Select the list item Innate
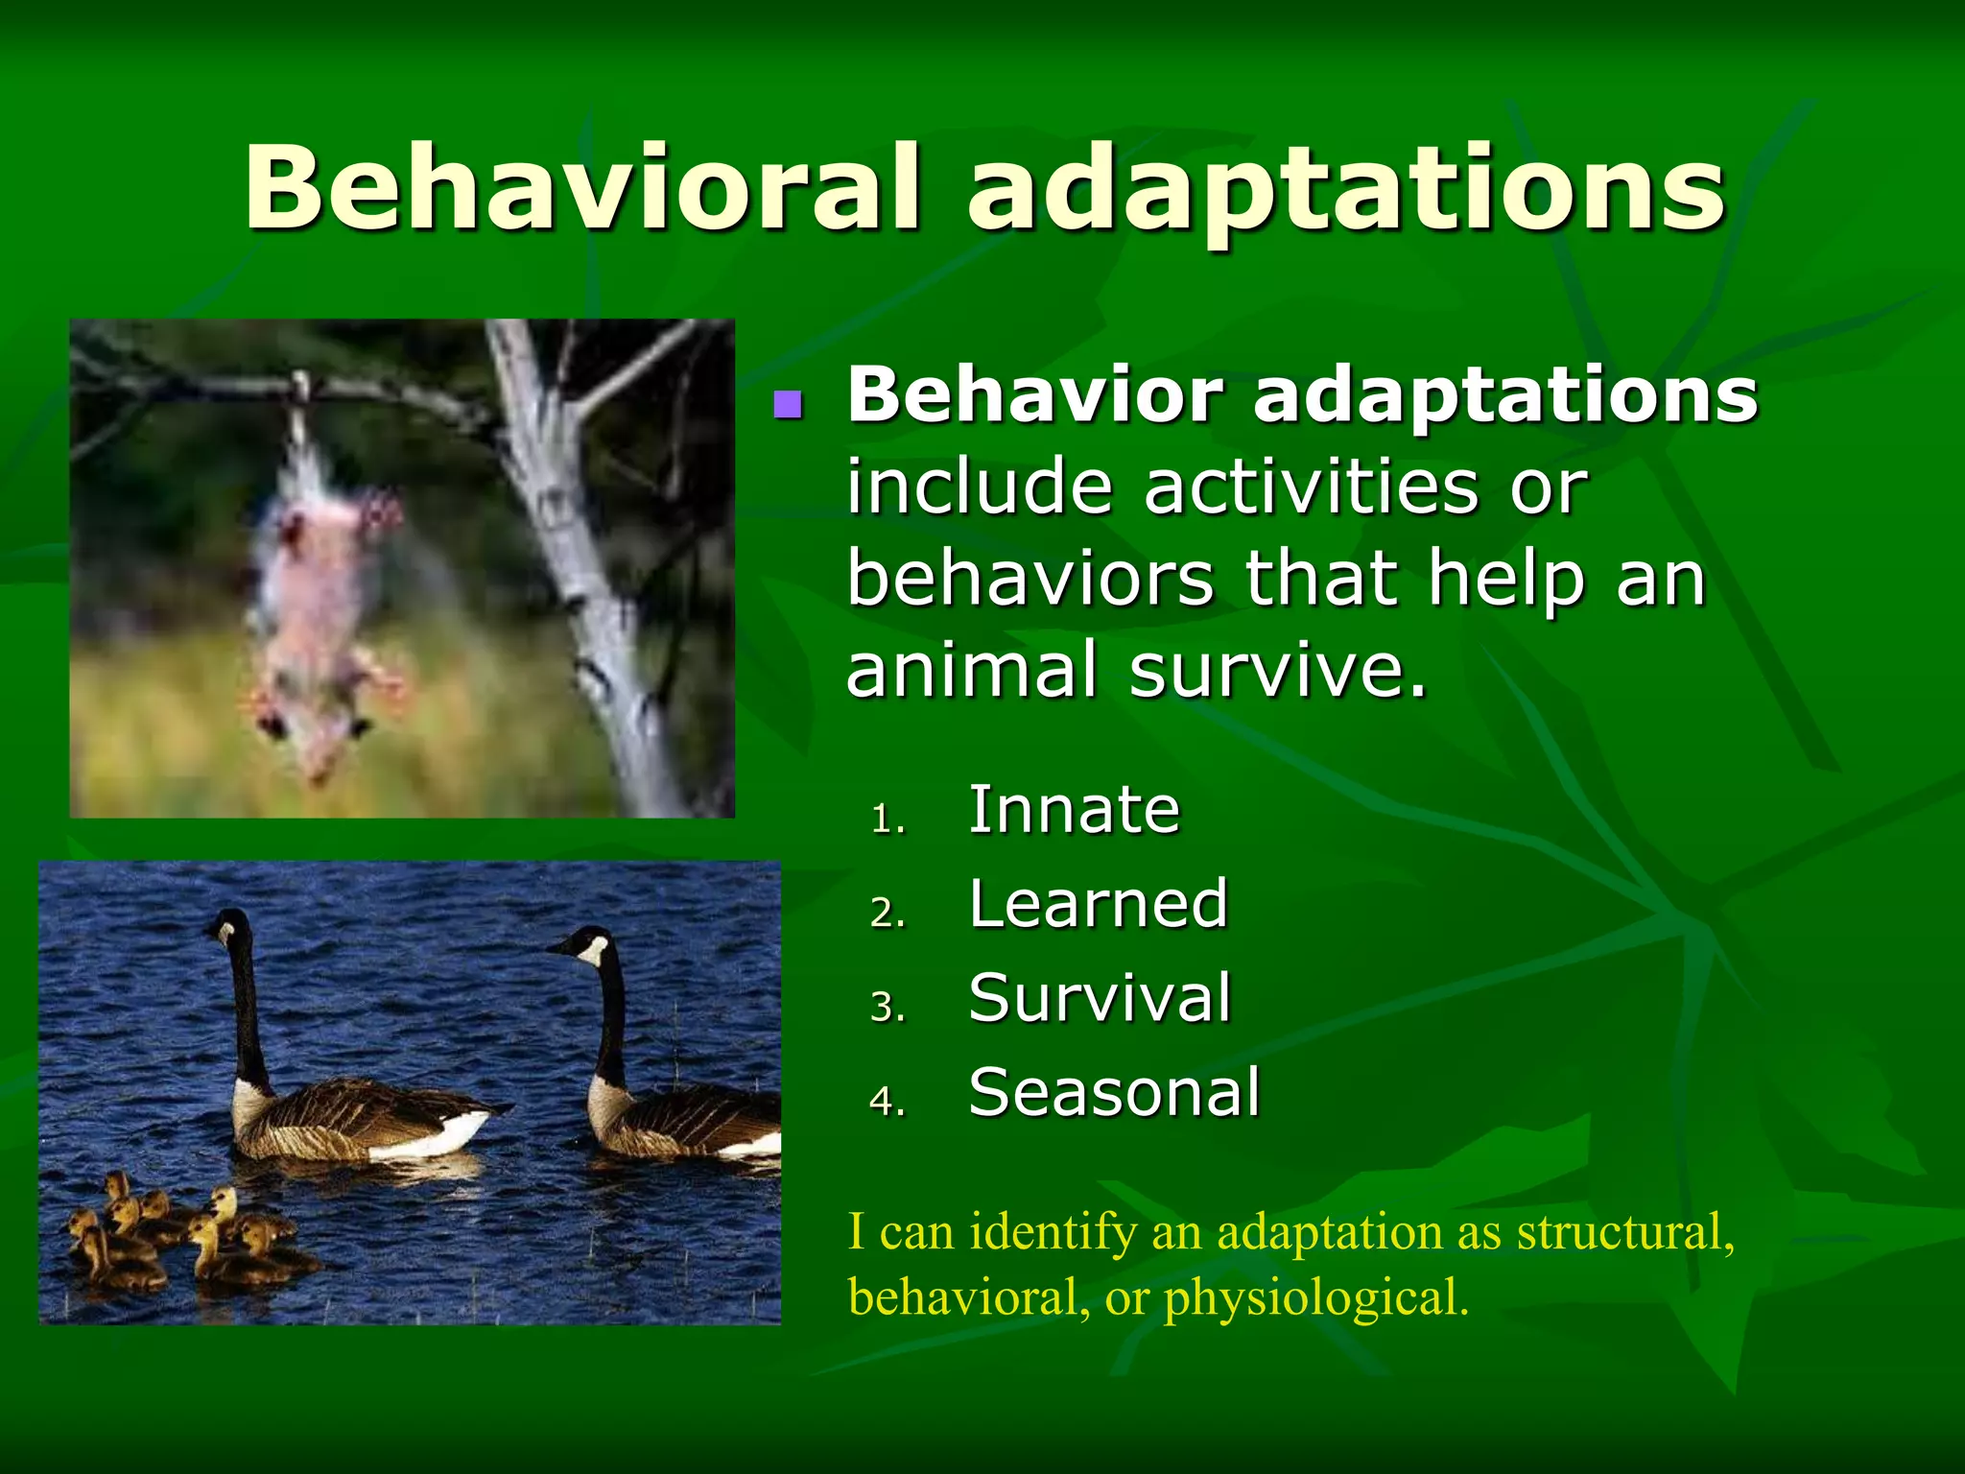[x=1074, y=811]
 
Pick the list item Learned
[x=1098, y=904]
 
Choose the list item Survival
[x=1100, y=998]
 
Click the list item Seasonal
[x=1114, y=1092]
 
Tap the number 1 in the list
[x=885, y=820]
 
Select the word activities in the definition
[x=1311, y=487]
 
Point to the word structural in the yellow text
[x=1624, y=1232]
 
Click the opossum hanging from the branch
[x=321, y=595]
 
